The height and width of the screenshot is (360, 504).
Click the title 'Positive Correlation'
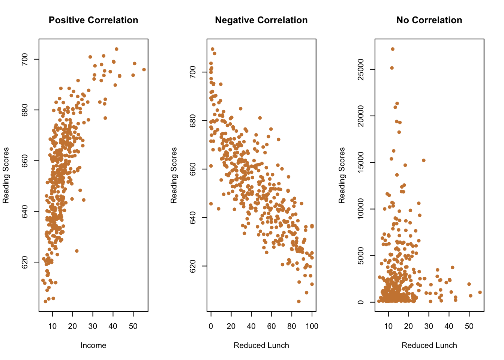pos(93,20)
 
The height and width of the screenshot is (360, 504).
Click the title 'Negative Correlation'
pos(261,20)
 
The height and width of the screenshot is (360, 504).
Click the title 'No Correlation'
pos(429,20)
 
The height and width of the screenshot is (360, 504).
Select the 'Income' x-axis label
pos(93,345)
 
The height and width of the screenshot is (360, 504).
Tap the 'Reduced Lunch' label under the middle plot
pos(261,345)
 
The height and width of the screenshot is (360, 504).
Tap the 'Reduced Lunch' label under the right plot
pos(429,345)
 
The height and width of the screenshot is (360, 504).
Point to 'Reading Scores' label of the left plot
pos(6,175)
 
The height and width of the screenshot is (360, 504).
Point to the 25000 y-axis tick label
pos(361,69)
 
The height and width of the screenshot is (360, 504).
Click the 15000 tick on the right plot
pos(361,162)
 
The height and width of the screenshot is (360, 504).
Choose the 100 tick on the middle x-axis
pos(312,326)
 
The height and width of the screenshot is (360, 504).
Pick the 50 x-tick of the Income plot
pos(133,326)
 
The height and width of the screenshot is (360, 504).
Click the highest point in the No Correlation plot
pos(393,49)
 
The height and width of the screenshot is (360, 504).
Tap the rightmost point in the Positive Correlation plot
pos(144,70)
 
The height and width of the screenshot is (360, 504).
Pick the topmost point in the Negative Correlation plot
pos(213,49)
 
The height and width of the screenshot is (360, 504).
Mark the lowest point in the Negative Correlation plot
pos(299,301)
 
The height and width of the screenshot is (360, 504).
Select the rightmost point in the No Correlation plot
pos(480,292)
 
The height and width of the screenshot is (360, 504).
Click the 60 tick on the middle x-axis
pos(271,326)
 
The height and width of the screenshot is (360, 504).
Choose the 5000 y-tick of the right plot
pos(361,256)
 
